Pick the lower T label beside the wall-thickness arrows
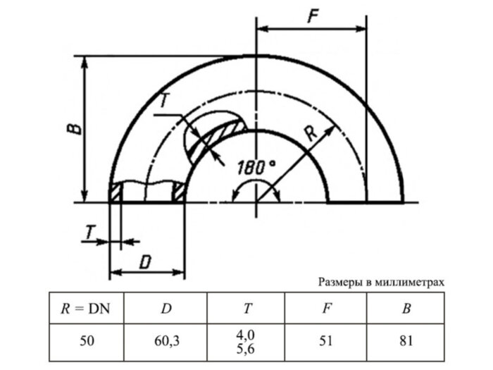[x=89, y=230]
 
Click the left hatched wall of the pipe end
[x=116, y=192]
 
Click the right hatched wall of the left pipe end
[x=180, y=191]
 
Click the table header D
[x=166, y=307]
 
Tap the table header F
[x=327, y=307]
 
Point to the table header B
[x=406, y=307]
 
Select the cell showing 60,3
[x=166, y=341]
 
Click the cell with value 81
[x=406, y=341]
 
